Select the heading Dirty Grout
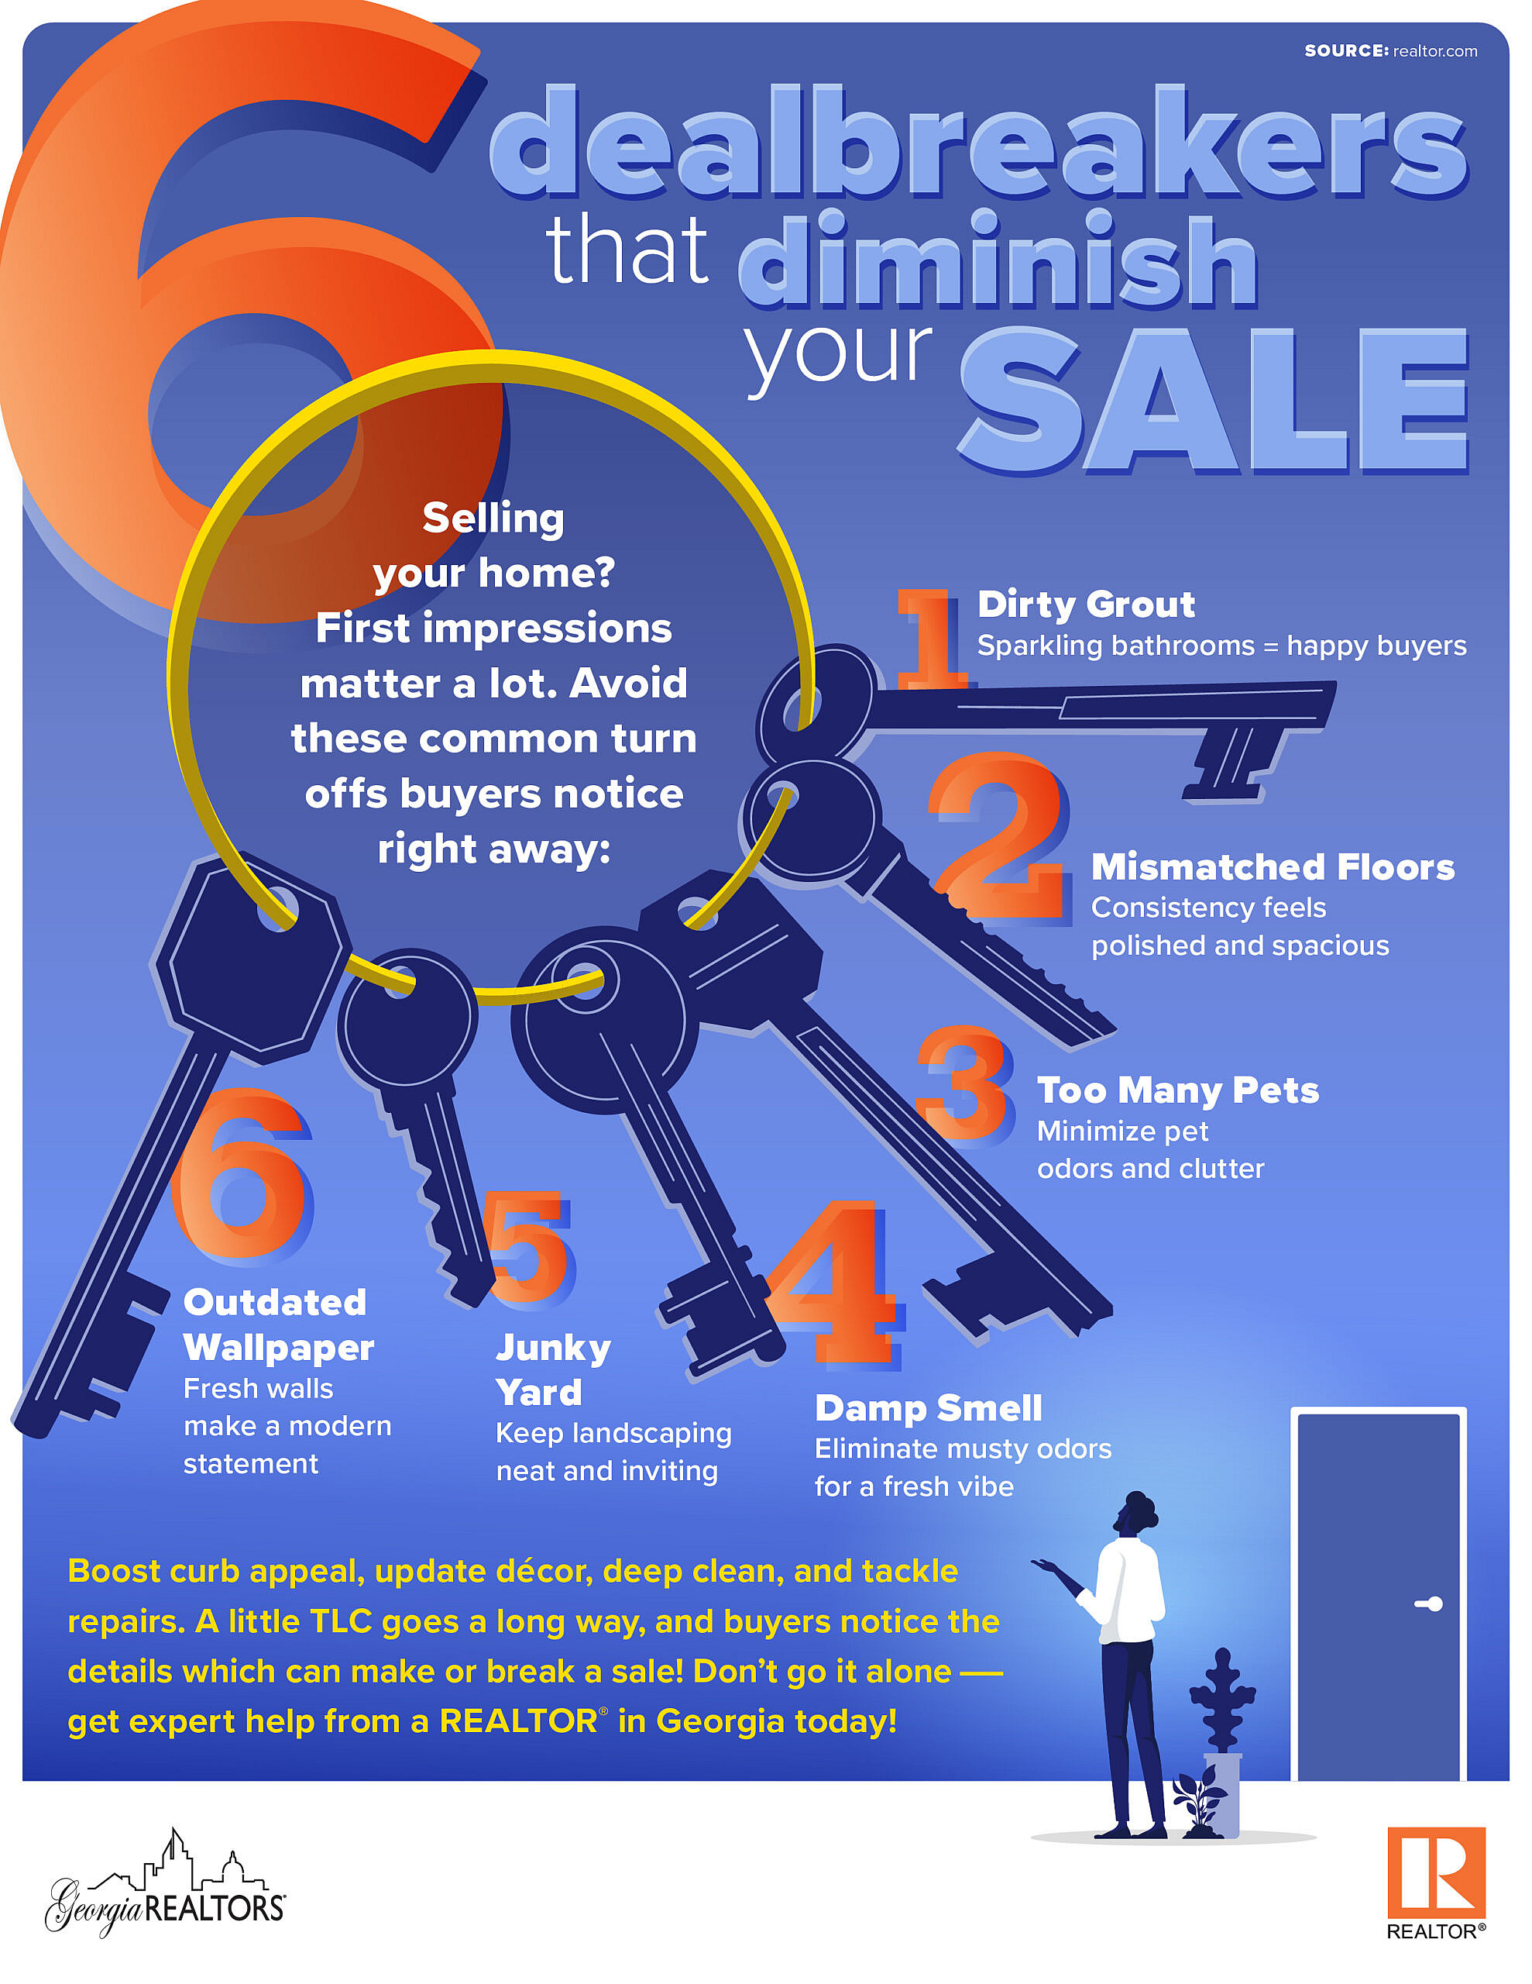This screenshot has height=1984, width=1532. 1085,604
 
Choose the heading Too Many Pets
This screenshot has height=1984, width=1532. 1177,1090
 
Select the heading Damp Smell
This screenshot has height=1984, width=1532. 928,1408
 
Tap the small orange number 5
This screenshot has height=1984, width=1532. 528,1246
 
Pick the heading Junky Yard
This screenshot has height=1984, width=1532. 551,1370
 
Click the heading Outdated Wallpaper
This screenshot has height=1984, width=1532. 277,1324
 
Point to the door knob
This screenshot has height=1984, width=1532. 1432,1604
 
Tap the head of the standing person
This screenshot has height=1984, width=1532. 1136,1515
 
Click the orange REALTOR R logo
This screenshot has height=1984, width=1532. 1435,1872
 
